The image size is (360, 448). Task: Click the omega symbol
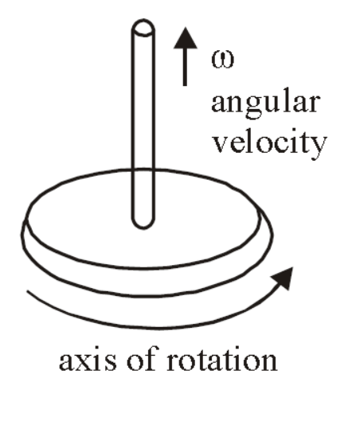point(222,60)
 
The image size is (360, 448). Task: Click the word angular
point(265,103)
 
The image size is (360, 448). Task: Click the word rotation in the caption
point(222,360)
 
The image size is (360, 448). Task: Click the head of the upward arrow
point(186,38)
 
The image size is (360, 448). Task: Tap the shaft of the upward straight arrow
point(186,67)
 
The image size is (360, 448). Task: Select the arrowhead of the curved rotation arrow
point(282,279)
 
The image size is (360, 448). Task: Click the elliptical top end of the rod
point(143,28)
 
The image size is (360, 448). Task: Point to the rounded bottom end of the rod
point(143,222)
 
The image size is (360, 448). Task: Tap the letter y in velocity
point(319,147)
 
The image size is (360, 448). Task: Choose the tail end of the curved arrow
point(27,291)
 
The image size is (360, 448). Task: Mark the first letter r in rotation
point(174,362)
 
